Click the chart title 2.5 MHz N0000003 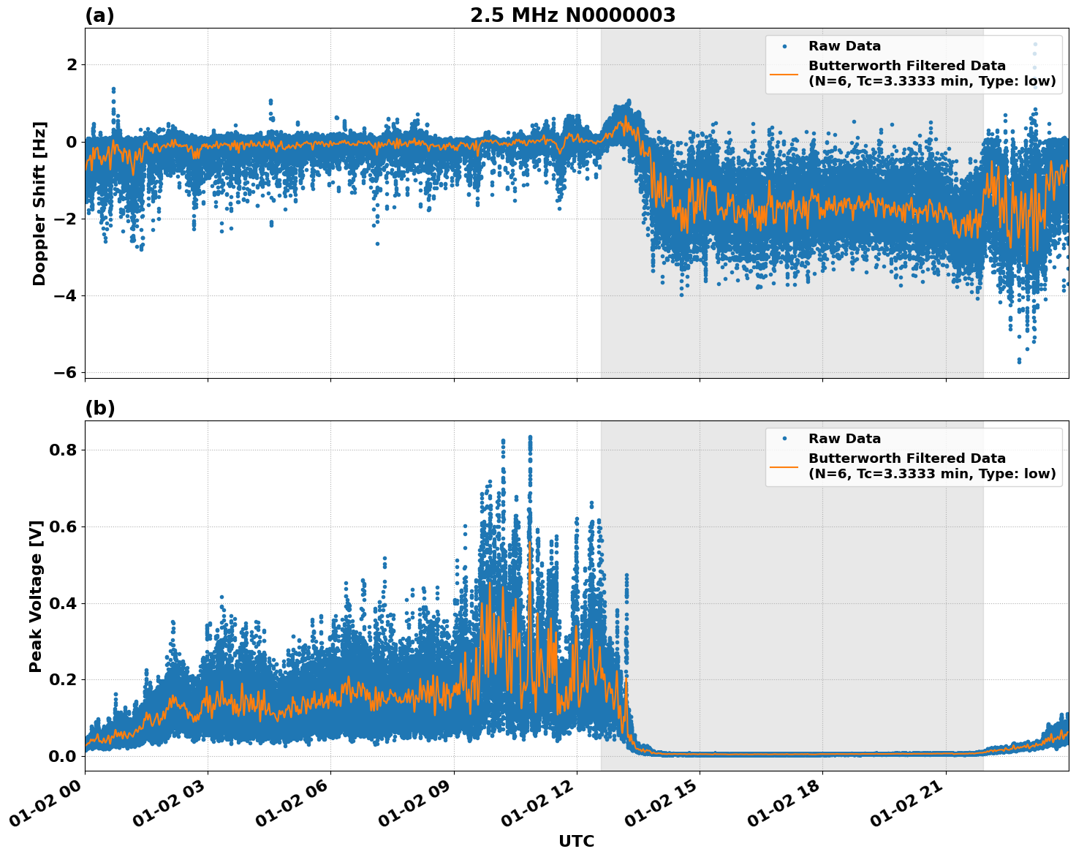click(x=572, y=15)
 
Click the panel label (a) click(x=99, y=15)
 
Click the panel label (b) click(x=99, y=408)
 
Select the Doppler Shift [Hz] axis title click(x=39, y=203)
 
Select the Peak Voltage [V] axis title click(x=36, y=596)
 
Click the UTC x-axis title click(x=576, y=841)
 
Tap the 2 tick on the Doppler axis click(x=72, y=65)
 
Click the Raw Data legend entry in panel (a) click(x=844, y=46)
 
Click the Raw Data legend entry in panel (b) click(x=844, y=439)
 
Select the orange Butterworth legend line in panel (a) click(x=784, y=74)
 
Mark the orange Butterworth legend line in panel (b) click(x=784, y=467)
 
